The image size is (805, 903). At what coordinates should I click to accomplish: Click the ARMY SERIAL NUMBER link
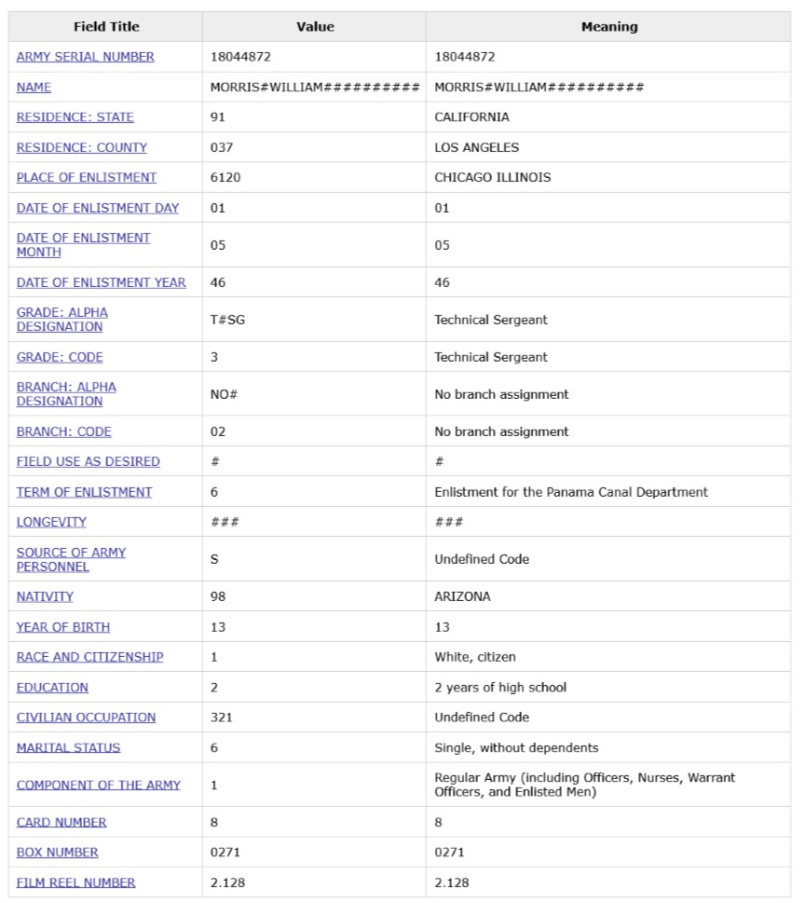pos(86,57)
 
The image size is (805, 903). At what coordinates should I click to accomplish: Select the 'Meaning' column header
pos(609,27)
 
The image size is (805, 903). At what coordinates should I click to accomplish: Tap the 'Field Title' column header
pos(106,27)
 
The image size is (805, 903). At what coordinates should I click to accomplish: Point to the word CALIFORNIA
pos(471,117)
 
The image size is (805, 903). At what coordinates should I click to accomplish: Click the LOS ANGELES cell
pos(476,147)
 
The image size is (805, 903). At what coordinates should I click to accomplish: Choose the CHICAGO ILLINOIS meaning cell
pos(492,177)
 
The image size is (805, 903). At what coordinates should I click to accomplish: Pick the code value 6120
pos(225,177)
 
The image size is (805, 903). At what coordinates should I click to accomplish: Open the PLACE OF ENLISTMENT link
pos(87,177)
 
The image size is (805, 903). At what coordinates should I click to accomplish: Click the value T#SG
pos(228,320)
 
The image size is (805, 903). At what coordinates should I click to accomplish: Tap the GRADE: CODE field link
pos(60,357)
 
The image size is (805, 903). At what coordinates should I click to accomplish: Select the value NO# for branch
pos(224,394)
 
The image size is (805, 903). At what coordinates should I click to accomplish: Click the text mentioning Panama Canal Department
pos(570,492)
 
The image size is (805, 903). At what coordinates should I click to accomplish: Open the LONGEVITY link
pos(51,522)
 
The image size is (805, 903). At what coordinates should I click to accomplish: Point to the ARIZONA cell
pos(462,596)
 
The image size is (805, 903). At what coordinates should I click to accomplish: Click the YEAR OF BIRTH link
pos(63,627)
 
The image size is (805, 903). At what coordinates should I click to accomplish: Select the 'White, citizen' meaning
pos(474,657)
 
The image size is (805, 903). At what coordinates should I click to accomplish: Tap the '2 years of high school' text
pos(500,688)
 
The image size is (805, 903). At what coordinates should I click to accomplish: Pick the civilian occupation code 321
pos(222,718)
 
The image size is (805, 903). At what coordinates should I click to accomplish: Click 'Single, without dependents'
pos(516,747)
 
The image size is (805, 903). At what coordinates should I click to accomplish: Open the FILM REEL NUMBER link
pos(75,882)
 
